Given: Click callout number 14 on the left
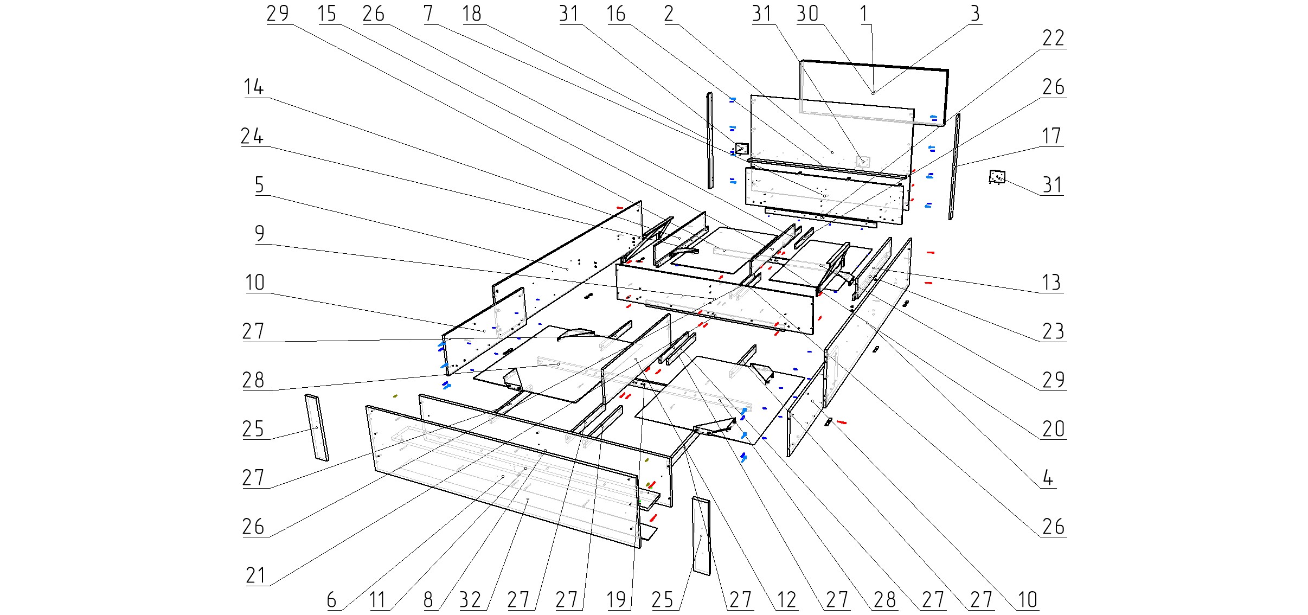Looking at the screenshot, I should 253,87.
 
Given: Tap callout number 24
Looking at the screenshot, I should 252,136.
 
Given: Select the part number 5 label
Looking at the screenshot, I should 259,185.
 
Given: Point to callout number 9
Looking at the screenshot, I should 259,234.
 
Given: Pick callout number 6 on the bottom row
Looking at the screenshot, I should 331,600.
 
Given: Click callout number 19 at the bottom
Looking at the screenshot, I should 617,600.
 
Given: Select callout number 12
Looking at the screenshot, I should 786,600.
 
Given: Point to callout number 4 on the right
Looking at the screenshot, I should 1048,478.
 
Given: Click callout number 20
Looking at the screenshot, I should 1053,429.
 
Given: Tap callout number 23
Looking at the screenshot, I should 1053,331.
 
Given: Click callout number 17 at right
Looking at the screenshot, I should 1052,136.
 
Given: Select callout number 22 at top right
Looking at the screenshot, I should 1053,39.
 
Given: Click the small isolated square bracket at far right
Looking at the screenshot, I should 997,177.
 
